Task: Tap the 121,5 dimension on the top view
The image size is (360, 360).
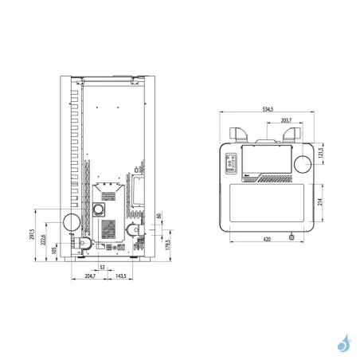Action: pyautogui.click(x=320, y=153)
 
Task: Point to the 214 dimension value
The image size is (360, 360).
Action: pyautogui.click(x=320, y=202)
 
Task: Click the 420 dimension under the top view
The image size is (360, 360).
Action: pyautogui.click(x=268, y=238)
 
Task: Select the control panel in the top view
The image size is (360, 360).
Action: pyautogui.click(x=233, y=162)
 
